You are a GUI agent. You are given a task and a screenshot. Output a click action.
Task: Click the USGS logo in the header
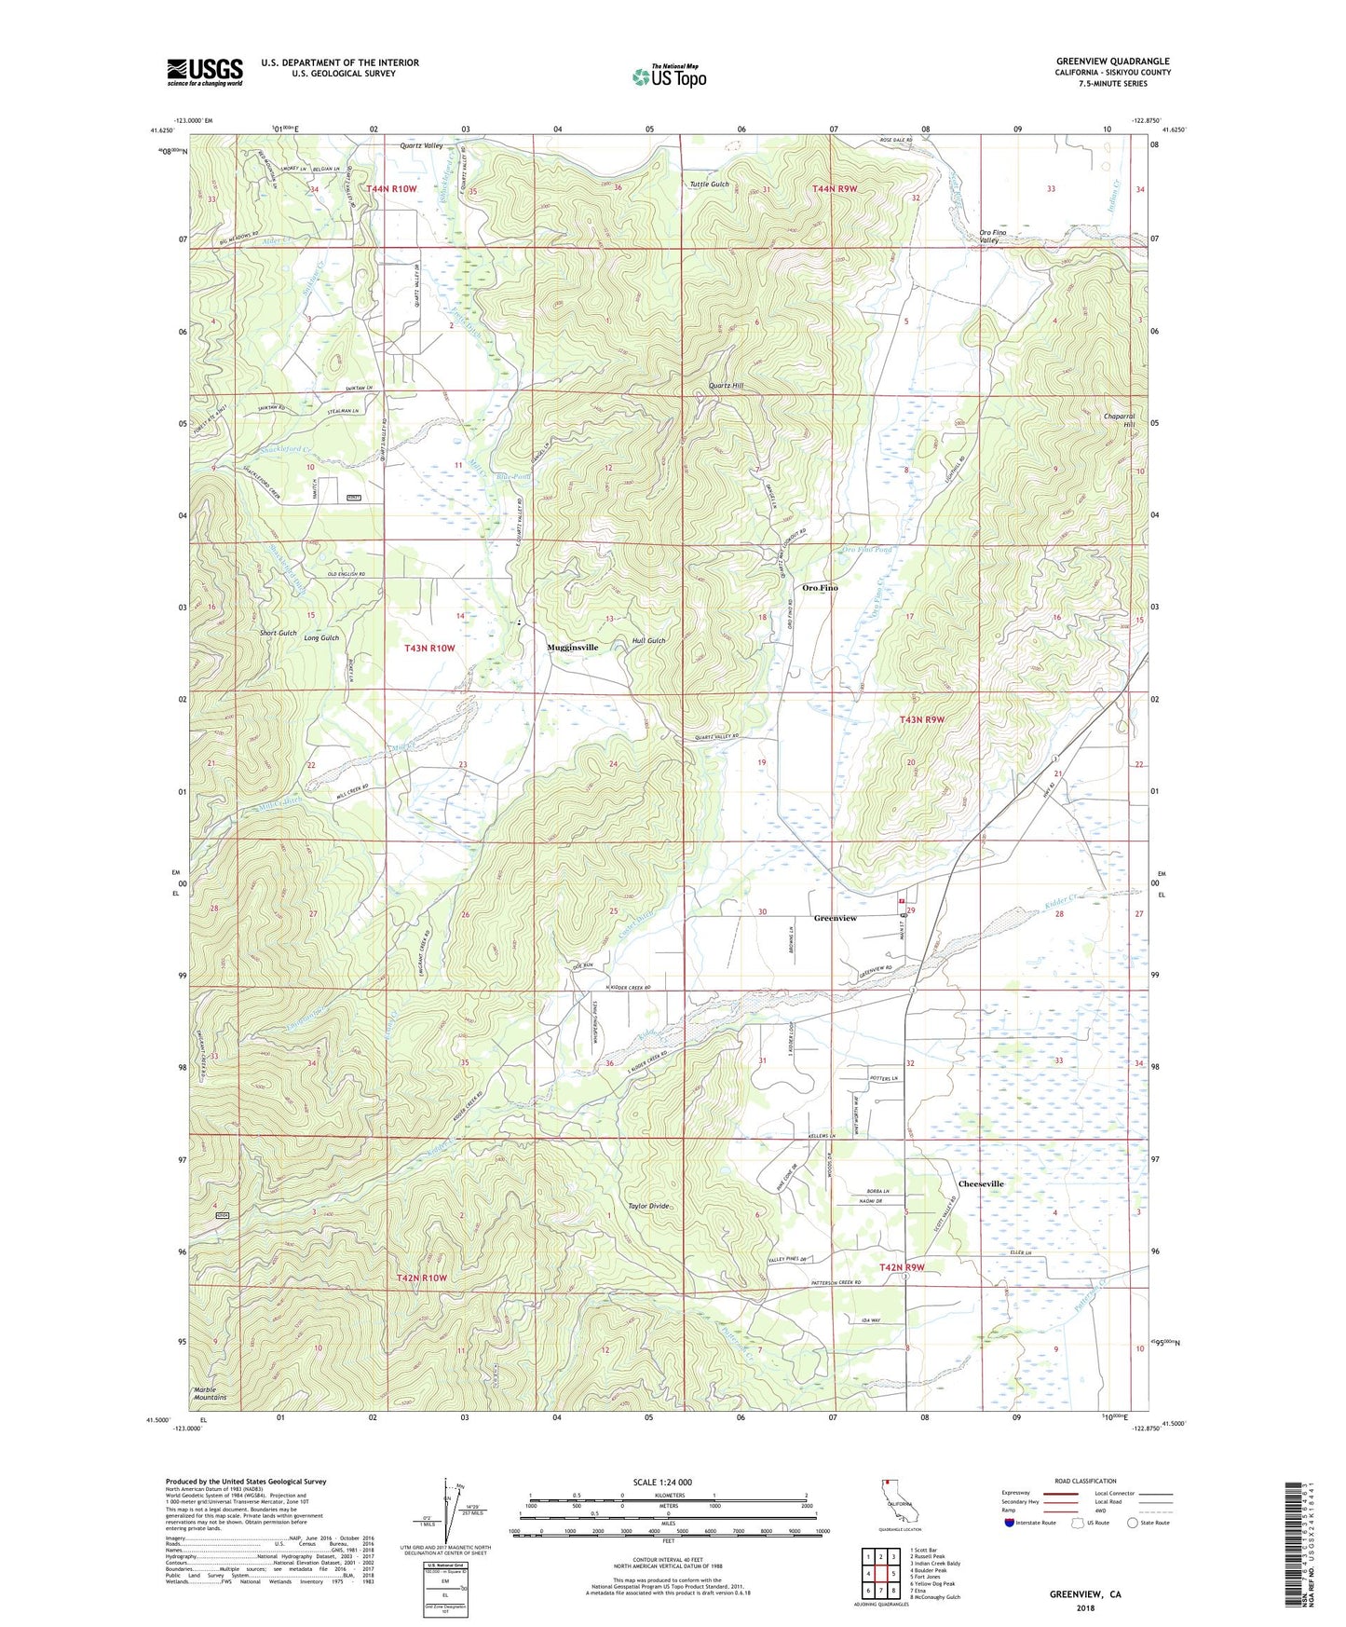pos(205,72)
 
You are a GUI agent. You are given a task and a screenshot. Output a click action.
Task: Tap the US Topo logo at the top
pos(669,76)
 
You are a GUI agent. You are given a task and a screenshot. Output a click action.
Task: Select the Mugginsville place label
pos(572,647)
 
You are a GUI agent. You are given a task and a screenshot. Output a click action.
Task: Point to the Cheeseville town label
pos(981,1183)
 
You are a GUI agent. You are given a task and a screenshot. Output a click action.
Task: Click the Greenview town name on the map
pos(835,918)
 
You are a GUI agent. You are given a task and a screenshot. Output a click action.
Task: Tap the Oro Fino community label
pos(820,588)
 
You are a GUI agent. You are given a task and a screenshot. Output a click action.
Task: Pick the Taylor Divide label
pos(648,1206)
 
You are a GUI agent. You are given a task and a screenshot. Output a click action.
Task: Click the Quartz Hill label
pos(726,385)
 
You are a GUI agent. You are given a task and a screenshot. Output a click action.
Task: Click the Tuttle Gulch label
pos(709,185)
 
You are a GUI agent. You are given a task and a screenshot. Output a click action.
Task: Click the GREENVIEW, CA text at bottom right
pos(1085,1594)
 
